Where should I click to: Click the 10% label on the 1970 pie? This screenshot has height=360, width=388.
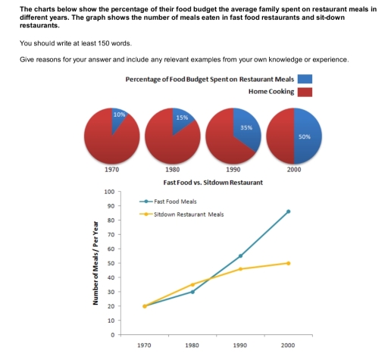(117, 114)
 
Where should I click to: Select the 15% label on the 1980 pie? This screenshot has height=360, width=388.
(181, 117)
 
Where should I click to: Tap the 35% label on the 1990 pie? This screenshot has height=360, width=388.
(246, 128)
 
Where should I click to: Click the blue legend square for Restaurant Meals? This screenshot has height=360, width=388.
(305, 79)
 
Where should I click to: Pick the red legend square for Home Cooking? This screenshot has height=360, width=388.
(305, 92)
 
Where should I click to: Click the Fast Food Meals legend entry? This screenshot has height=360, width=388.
(171, 201)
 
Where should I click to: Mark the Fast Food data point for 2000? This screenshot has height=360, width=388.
(288, 211)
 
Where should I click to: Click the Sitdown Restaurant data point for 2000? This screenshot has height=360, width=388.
(288, 263)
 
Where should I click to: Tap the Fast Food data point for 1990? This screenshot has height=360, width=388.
(240, 256)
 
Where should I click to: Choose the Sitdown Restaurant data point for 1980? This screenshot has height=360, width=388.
(192, 284)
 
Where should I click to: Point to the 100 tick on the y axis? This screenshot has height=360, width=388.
(109, 192)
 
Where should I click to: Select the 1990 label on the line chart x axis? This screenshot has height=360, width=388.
(240, 345)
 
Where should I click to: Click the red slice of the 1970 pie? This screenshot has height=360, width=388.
(106, 144)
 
